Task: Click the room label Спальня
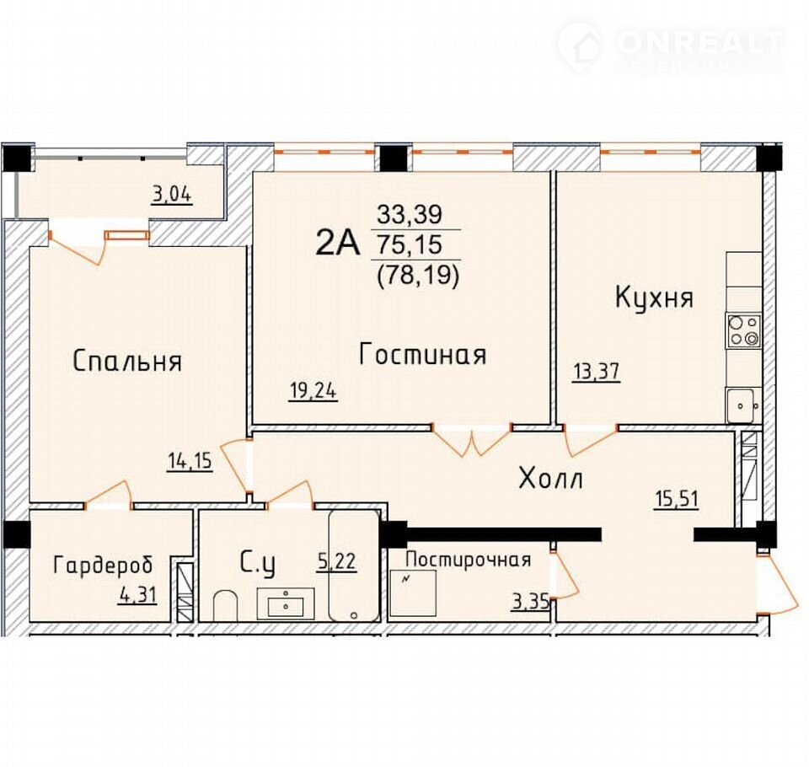click(x=127, y=361)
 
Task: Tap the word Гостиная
click(x=422, y=355)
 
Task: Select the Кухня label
click(x=654, y=298)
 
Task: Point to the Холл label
click(x=550, y=478)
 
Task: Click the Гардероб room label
click(x=103, y=566)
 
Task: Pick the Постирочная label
click(x=469, y=560)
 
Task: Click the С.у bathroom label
click(x=258, y=563)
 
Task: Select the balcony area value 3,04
click(x=172, y=195)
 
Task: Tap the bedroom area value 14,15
click(x=190, y=460)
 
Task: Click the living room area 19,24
click(x=313, y=391)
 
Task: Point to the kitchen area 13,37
click(x=596, y=372)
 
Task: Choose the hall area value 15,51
click(x=677, y=499)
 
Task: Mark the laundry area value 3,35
click(x=530, y=601)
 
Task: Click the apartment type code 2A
click(x=337, y=243)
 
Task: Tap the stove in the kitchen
click(x=743, y=330)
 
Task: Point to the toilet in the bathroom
click(x=225, y=605)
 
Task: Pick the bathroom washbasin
click(x=286, y=603)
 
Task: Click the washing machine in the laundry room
click(x=413, y=593)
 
